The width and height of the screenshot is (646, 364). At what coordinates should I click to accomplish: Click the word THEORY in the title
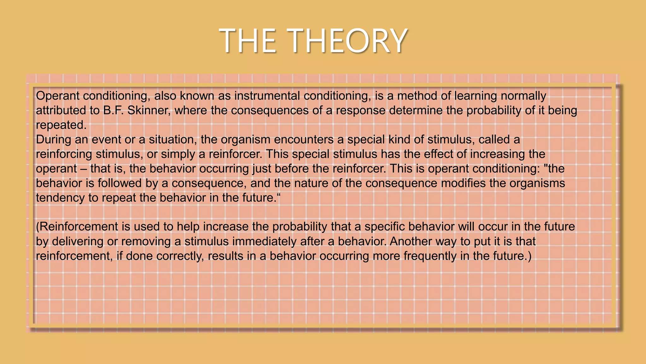point(347,41)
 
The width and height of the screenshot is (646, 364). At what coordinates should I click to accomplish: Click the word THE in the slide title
point(248,41)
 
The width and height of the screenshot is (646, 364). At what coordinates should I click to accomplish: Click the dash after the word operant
point(83,169)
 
